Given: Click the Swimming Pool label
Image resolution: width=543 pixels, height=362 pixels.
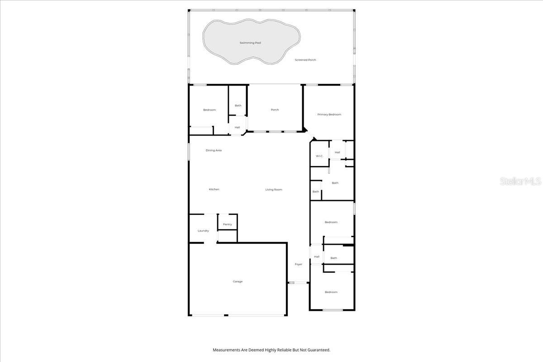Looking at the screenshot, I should tap(250, 43).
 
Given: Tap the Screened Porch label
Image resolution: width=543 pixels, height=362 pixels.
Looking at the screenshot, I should tap(305, 60).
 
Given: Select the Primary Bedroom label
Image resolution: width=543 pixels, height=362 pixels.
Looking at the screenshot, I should tap(329, 114).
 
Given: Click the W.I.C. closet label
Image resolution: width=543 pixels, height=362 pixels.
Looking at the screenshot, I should tap(319, 156).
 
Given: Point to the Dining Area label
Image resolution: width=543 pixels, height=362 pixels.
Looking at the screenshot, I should tap(214, 150).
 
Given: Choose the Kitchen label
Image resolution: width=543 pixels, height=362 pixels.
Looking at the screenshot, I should tap(214, 189).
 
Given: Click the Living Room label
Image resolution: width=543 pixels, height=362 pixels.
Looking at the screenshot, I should tap(274, 190).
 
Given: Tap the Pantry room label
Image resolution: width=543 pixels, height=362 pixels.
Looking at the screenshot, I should tap(227, 224).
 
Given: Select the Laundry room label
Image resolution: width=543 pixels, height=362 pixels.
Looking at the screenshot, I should tap(203, 231).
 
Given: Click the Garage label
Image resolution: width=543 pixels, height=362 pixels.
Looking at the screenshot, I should tap(238, 281).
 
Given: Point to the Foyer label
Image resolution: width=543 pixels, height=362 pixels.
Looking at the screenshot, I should tap(299, 264).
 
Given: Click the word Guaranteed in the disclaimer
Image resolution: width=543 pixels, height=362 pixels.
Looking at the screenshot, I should tap(318, 350).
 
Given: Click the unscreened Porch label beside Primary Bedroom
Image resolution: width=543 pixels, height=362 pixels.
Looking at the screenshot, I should tap(275, 110).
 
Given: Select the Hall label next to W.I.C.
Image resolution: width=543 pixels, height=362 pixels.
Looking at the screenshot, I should tap(337, 152).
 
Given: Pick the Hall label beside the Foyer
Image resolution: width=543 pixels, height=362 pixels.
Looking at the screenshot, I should tap(317, 257).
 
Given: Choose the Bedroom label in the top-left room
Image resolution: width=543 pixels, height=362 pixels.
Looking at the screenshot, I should tap(210, 110).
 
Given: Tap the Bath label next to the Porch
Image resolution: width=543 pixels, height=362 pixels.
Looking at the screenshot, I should tap(238, 105).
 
